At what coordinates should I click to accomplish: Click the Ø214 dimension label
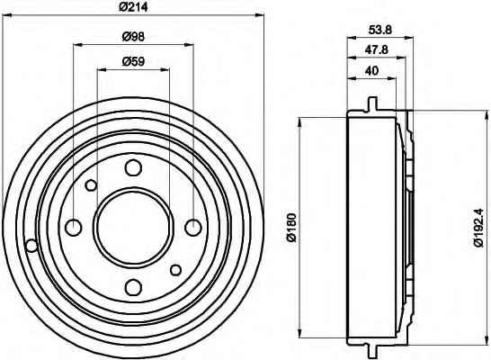[x=133, y=7]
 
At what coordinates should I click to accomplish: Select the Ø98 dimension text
[x=133, y=37]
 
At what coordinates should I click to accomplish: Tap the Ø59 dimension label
[x=133, y=61]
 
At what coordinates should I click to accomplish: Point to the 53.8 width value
[x=380, y=30]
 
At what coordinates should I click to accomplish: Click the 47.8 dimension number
[x=377, y=49]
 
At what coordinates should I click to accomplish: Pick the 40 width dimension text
[x=371, y=70]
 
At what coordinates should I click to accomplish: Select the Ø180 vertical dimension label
[x=291, y=228]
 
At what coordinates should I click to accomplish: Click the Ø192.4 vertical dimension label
[x=479, y=228]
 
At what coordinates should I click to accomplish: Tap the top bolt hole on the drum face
[x=133, y=167]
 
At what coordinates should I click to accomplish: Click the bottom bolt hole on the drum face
[x=133, y=287]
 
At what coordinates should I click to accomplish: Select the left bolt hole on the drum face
[x=74, y=228]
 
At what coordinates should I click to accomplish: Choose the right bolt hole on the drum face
[x=193, y=228]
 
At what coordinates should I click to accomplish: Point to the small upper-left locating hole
[x=91, y=185]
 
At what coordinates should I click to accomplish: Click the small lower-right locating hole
[x=175, y=270]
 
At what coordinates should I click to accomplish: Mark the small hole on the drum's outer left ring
[x=31, y=245]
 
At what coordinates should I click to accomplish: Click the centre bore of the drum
[x=133, y=228]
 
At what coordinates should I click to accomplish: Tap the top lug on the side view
[x=371, y=103]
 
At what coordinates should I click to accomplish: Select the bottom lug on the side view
[x=371, y=352]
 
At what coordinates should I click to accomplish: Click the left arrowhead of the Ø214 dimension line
[x=7, y=14]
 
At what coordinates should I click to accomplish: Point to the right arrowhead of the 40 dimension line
[x=392, y=77]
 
